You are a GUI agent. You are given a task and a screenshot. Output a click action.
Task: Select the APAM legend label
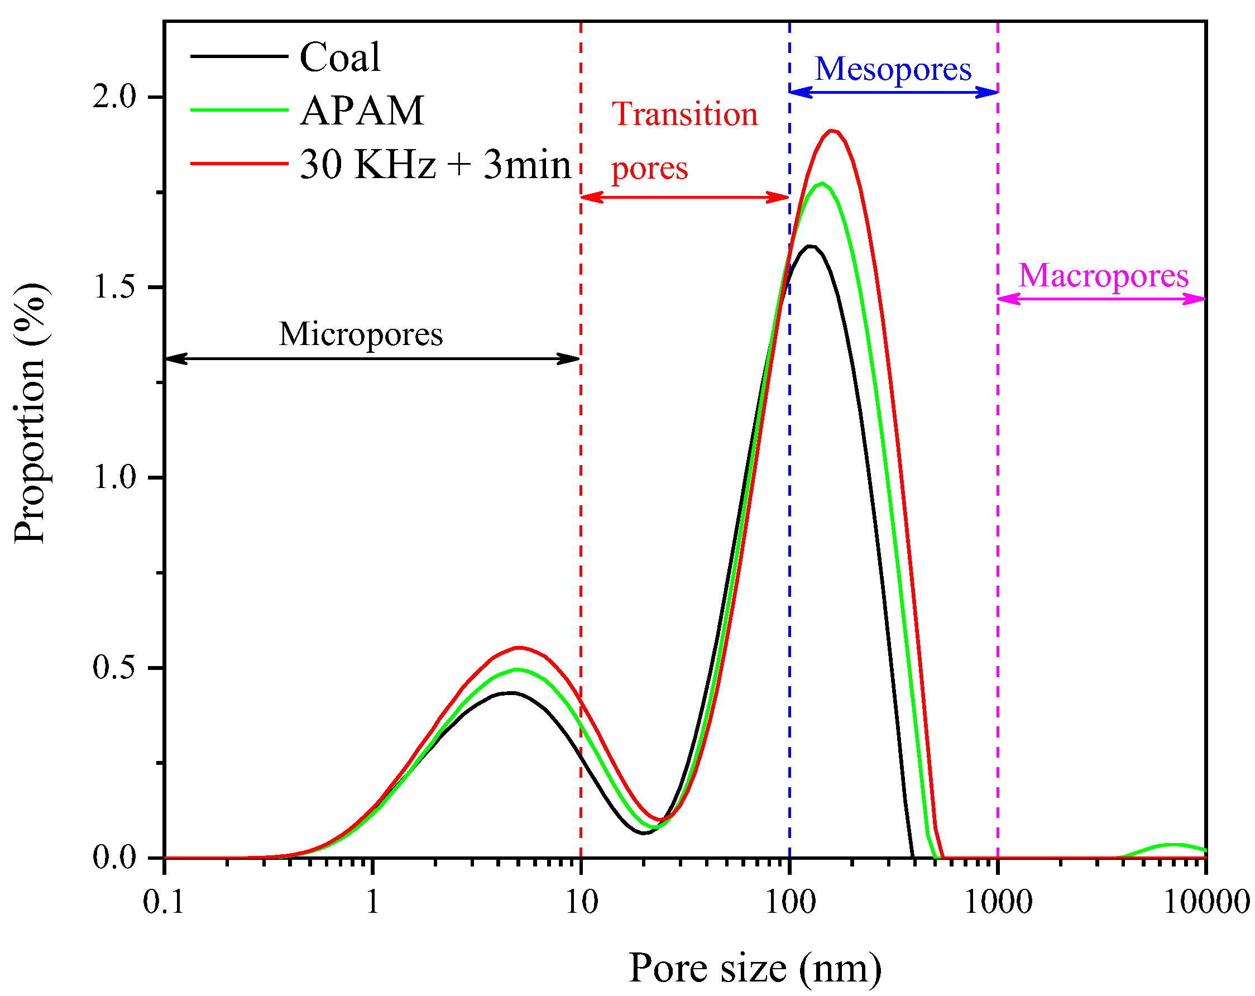tap(362, 111)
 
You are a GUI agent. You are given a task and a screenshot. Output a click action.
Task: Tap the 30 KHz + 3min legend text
tap(435, 164)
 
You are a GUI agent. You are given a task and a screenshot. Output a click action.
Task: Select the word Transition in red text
tap(684, 114)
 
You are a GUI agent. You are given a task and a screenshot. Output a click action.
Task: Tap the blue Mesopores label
tap(893, 69)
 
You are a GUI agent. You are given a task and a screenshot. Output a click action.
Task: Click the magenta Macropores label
tap(1103, 276)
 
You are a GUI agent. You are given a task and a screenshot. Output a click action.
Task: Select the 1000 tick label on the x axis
tap(998, 903)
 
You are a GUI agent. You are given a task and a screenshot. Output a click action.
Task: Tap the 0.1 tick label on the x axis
tap(164, 903)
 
